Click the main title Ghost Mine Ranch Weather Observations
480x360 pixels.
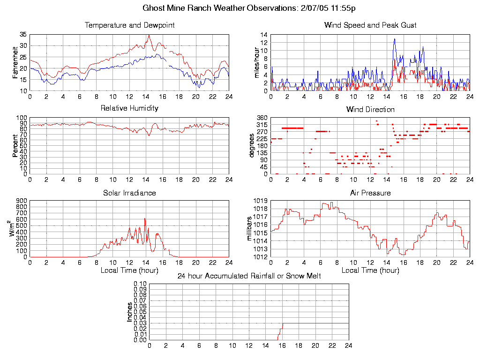tap(249, 8)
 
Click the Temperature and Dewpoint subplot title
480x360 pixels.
tap(129, 25)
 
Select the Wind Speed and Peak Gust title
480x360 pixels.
tap(370, 25)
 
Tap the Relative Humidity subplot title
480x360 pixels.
tap(129, 108)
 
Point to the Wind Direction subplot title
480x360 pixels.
tap(370, 109)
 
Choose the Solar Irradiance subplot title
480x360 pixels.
tap(129, 193)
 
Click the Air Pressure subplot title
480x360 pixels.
tap(370, 193)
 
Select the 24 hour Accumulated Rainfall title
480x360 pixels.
tap(249, 276)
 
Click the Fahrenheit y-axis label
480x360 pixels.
tap(15, 63)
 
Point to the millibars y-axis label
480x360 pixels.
tap(250, 229)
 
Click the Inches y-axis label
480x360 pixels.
tap(130, 312)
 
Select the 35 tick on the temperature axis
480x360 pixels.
tap(23, 35)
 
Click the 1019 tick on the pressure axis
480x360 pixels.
tap(261, 201)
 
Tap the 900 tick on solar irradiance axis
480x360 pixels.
tap(22, 201)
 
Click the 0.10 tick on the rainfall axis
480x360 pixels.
tap(140, 284)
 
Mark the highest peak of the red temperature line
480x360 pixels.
tap(149, 35)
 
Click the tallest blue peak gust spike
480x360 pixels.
tap(395, 39)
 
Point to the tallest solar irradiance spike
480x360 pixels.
tap(145, 218)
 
